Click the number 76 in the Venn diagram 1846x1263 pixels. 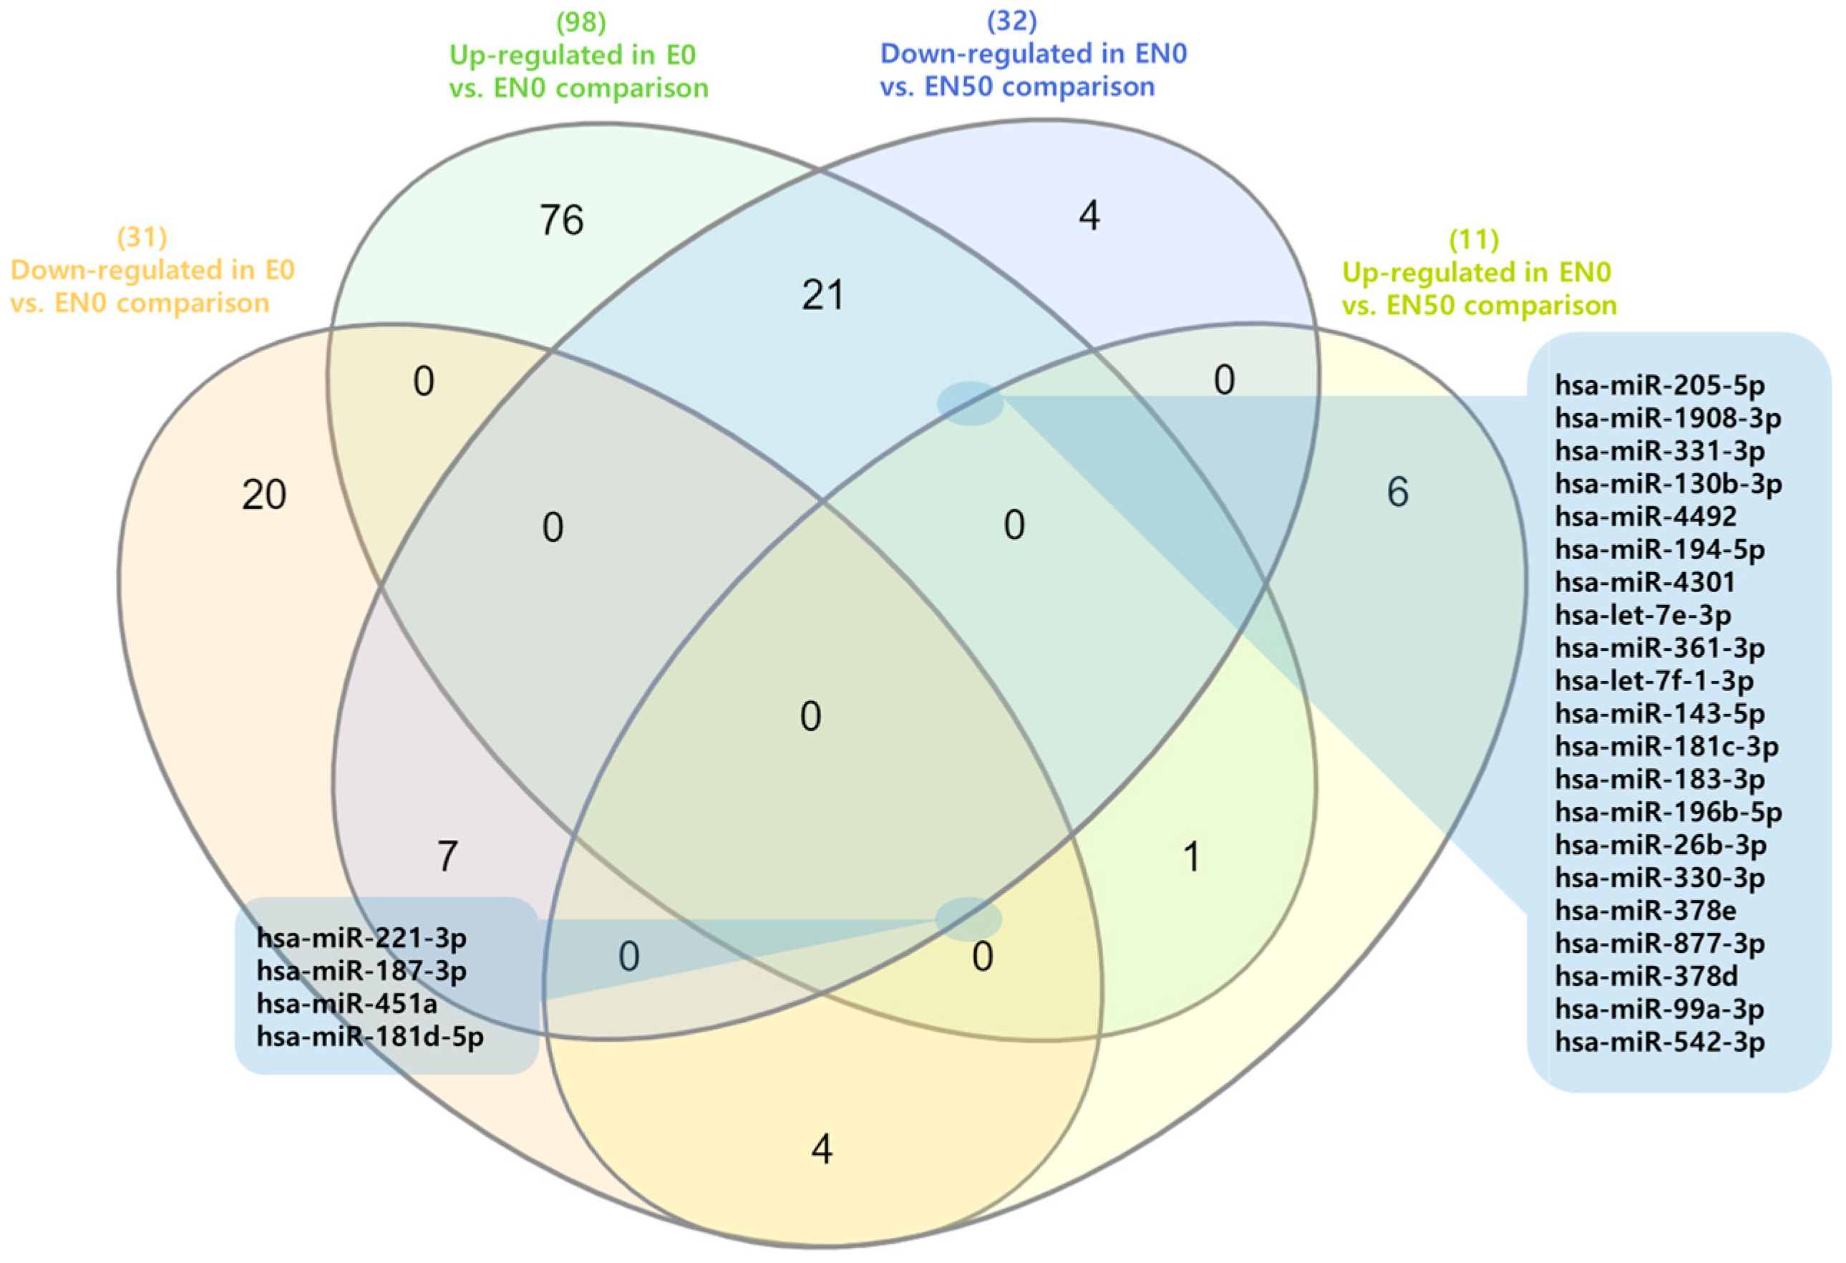point(562,220)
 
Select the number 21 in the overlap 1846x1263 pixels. point(822,296)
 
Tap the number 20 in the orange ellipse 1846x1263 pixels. point(263,495)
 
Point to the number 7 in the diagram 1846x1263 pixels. point(448,856)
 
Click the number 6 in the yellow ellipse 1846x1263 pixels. point(1397,493)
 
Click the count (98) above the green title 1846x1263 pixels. point(580,22)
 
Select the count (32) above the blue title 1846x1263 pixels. point(1011,21)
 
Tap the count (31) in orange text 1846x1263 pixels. point(142,237)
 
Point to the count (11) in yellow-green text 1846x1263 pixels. point(1474,239)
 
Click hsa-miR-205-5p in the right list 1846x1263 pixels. point(1659,386)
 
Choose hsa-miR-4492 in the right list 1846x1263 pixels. point(1645,517)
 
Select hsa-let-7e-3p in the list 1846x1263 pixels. point(1643,616)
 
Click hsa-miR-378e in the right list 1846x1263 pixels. point(1645,910)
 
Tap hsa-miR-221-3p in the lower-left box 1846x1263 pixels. point(361,938)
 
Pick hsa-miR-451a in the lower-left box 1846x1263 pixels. point(346,1004)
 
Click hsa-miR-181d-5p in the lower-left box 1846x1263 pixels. point(370,1037)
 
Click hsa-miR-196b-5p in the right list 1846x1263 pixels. point(1668,812)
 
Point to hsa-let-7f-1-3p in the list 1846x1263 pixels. point(1653,681)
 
